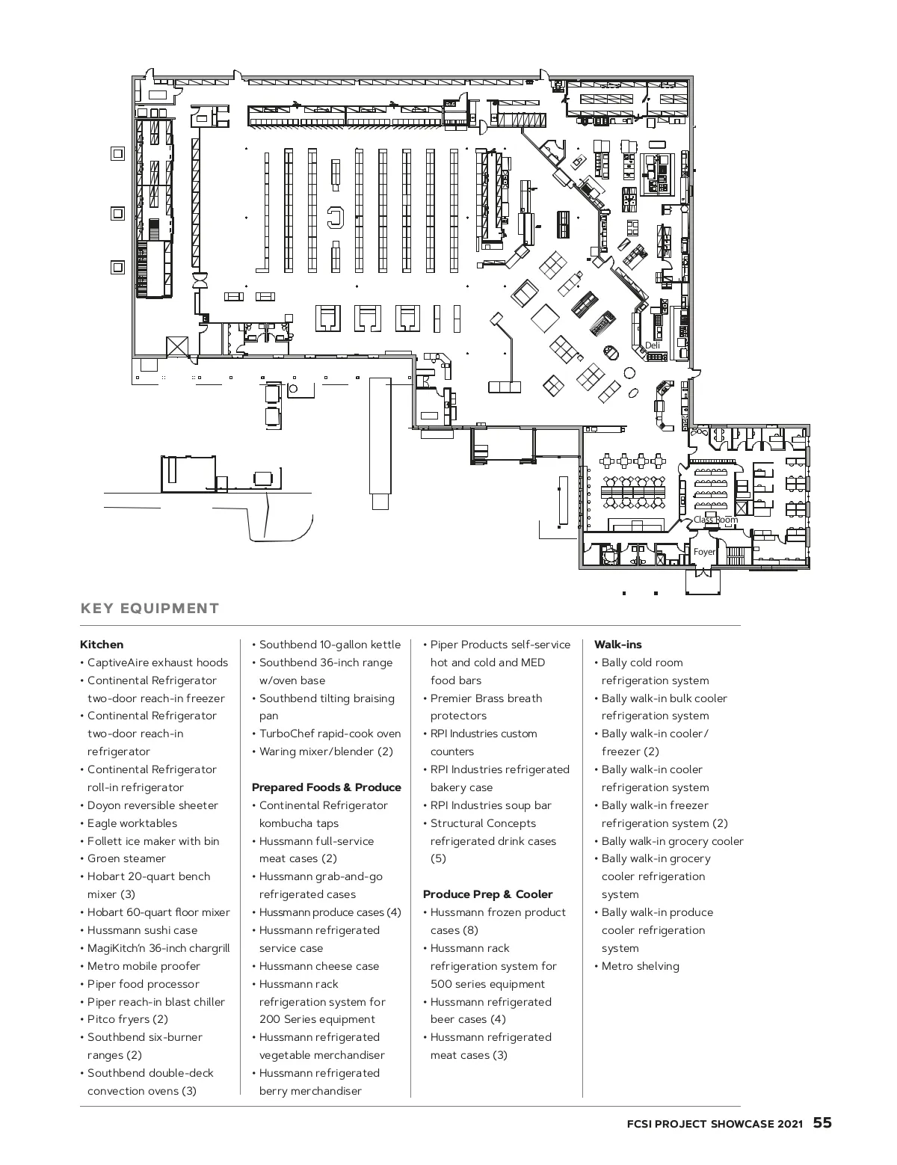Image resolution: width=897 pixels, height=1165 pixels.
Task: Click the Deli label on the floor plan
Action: pos(652,345)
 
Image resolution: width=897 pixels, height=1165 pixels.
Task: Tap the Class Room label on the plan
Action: pos(715,520)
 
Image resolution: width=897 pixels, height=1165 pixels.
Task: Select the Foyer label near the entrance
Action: pos(704,552)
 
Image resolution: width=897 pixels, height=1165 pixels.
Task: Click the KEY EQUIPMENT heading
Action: pos(149,609)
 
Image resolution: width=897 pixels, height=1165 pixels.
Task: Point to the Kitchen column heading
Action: pos(102,645)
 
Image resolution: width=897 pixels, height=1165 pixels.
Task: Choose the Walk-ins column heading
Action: pos(618,645)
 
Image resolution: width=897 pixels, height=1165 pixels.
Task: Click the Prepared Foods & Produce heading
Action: pos(327,787)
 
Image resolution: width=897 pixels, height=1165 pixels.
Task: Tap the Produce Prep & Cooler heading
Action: pos(487,894)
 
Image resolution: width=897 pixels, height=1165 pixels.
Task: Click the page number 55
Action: pos(822,1122)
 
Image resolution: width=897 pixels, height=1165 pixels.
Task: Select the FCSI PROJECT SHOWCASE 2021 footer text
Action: pos(715,1124)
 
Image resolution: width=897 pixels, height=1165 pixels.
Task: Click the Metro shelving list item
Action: pos(637,966)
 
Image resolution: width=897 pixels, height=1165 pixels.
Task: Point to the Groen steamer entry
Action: pos(123,858)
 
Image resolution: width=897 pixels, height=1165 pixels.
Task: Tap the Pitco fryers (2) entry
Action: pos(124,1019)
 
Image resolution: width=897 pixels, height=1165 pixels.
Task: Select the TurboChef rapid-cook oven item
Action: pos(327,734)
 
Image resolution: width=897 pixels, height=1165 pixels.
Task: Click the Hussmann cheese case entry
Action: pos(315,966)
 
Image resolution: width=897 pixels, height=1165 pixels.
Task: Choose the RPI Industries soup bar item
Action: pos(487,805)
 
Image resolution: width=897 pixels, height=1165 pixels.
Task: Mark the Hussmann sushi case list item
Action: pos(139,930)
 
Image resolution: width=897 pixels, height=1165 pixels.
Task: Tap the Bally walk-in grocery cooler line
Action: pos(669,841)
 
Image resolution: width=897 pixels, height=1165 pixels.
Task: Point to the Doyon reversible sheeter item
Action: pos(149,805)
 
